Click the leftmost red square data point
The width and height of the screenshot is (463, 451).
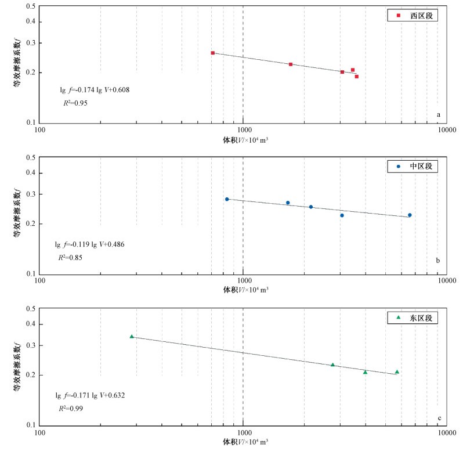coord(212,53)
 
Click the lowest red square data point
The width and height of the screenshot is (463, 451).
coord(356,77)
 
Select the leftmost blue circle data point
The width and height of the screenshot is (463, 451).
coord(227,199)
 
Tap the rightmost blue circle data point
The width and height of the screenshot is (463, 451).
coord(410,215)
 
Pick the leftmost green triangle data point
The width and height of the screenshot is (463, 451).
coord(132,337)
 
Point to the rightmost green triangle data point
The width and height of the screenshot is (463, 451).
coord(397,372)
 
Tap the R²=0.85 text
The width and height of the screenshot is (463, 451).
coord(68,257)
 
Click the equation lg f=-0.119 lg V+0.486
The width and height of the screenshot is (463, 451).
coord(89,244)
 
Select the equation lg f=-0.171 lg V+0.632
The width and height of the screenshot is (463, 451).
coord(90,395)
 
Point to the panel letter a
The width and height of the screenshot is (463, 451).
coord(439,115)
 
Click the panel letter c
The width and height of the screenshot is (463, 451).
coord(439,417)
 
